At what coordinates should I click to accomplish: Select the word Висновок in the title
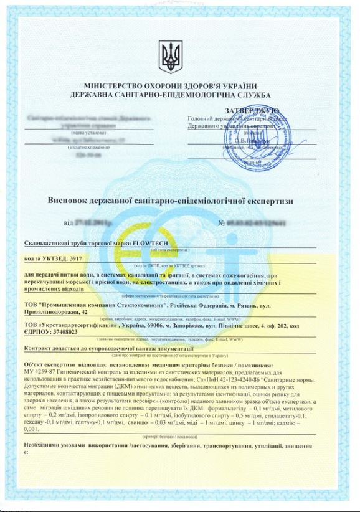point(70,201)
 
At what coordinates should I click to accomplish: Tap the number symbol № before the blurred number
point(222,222)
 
